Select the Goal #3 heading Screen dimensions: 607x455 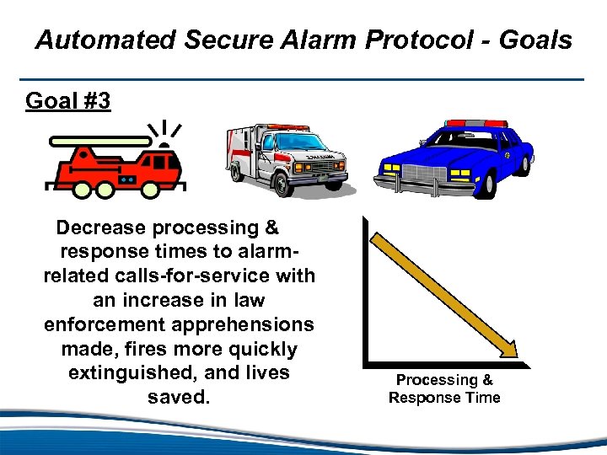coord(67,101)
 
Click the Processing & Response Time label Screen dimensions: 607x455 coord(444,389)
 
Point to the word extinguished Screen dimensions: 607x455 coord(127,372)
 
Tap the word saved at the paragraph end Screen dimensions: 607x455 coord(178,397)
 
